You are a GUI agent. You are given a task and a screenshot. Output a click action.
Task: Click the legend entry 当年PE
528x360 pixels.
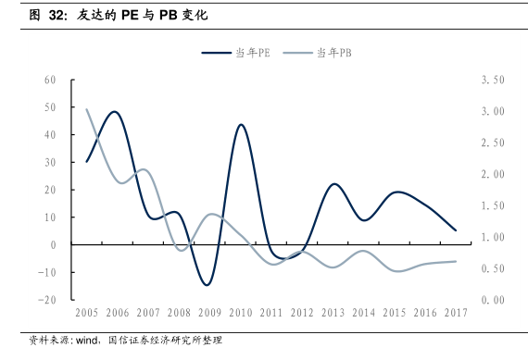pyautogui.click(x=235, y=53)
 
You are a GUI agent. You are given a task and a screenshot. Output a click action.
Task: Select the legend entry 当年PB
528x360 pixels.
pyautogui.click(x=317, y=53)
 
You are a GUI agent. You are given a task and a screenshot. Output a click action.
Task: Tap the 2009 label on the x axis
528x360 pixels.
pyautogui.click(x=209, y=313)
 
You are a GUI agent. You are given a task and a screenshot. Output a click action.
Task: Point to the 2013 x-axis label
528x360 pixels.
pyautogui.click(x=333, y=313)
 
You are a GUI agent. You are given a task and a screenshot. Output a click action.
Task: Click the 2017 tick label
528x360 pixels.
pyautogui.click(x=456, y=313)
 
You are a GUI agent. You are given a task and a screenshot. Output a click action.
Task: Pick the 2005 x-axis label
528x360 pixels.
pyautogui.click(x=86, y=313)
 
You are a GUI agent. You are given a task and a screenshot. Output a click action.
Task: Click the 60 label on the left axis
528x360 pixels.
pyautogui.click(x=50, y=80)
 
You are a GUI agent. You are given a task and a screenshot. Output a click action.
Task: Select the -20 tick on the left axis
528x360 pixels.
pyautogui.click(x=47, y=300)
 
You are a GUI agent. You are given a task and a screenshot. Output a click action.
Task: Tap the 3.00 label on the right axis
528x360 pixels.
pyautogui.click(x=493, y=111)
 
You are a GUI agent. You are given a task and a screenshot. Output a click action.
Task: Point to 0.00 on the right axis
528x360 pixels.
pyautogui.click(x=493, y=300)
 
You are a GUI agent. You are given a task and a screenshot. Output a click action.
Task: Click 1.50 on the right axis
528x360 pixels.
pyautogui.click(x=493, y=205)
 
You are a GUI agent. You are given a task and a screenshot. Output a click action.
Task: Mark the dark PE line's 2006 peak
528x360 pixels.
pyautogui.click(x=115, y=111)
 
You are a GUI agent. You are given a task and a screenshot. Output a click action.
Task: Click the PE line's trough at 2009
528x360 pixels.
pyautogui.click(x=207, y=285)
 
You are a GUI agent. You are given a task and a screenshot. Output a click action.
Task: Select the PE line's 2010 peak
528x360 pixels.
pyautogui.click(x=241, y=125)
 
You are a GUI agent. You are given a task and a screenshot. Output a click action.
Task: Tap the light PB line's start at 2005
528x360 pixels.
pyautogui.click(x=86, y=109)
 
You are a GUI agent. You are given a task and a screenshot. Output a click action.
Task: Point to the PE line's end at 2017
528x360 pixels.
pyautogui.click(x=456, y=230)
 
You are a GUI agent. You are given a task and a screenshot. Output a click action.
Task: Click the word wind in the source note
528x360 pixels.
pyautogui.click(x=87, y=341)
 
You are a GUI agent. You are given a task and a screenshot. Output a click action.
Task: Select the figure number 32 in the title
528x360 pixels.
pyautogui.click(x=57, y=15)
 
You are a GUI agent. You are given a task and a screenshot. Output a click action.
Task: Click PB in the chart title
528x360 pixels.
pyautogui.click(x=168, y=15)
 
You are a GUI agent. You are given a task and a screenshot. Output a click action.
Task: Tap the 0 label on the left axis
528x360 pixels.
pyautogui.click(x=53, y=245)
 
